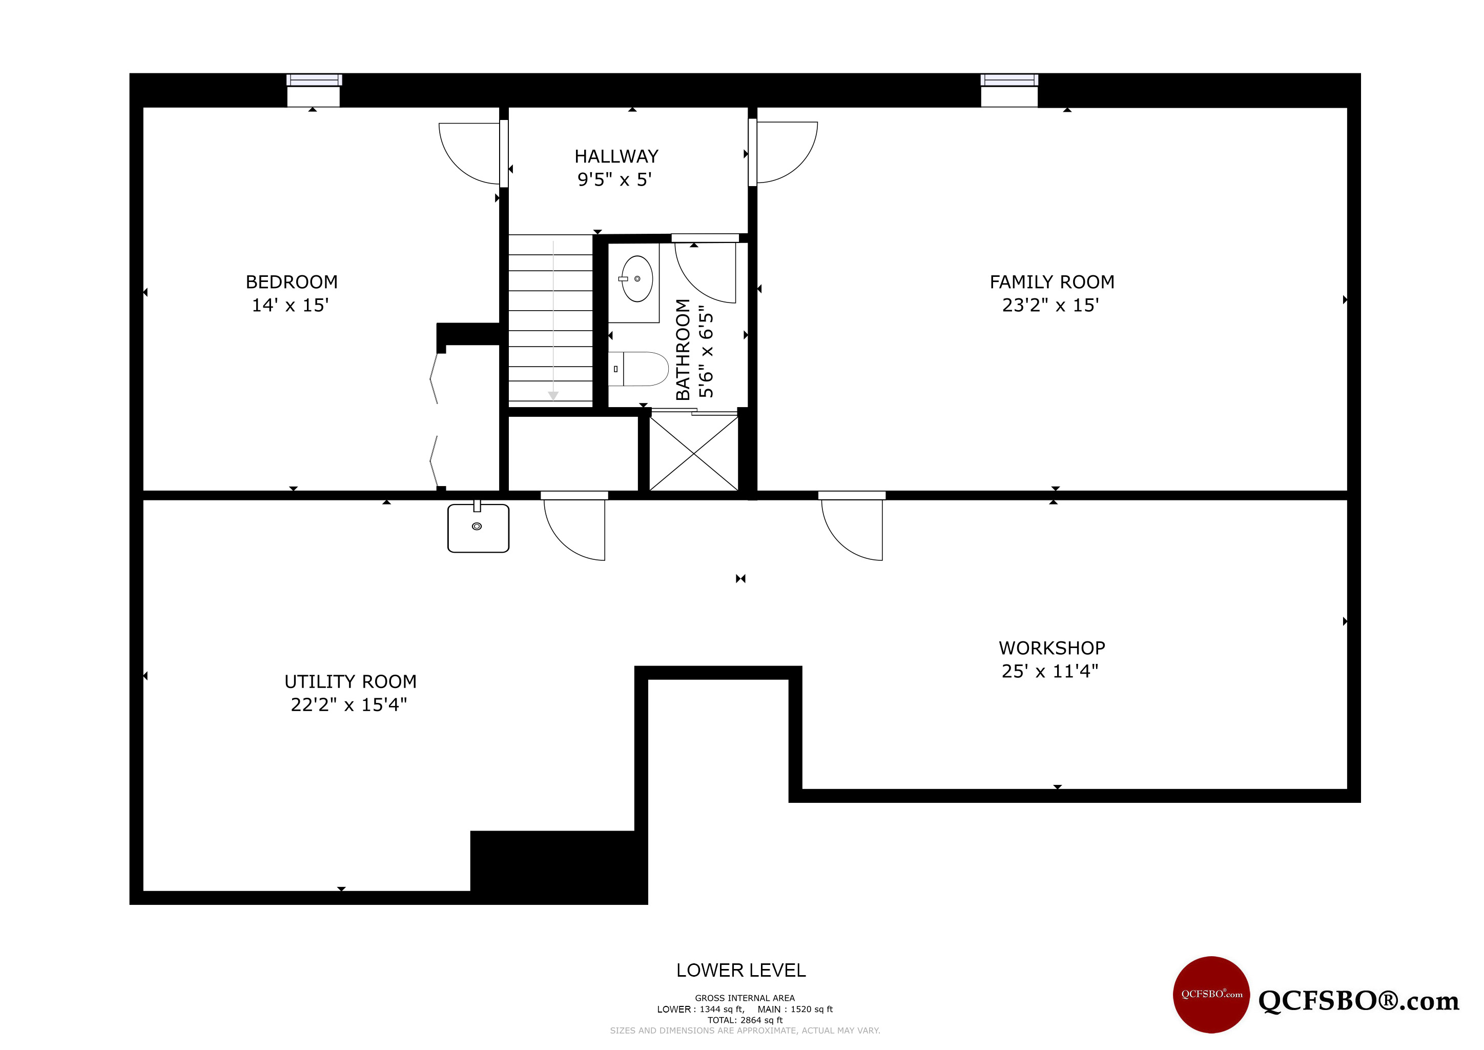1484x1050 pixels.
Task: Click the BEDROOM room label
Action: (292, 282)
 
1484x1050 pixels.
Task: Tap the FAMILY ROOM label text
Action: (1052, 282)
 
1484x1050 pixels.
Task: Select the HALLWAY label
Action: (616, 156)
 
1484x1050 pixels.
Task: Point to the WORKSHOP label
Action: (1052, 648)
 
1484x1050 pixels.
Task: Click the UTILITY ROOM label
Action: (351, 681)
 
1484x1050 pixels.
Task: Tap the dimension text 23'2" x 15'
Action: (1050, 305)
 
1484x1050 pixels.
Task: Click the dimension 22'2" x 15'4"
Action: (349, 705)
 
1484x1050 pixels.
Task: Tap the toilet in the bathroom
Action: (638, 369)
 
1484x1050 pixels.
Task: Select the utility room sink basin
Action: (478, 528)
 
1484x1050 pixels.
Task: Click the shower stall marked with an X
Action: (693, 453)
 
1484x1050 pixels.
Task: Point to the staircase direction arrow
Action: (553, 320)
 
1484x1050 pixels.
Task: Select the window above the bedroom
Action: (314, 80)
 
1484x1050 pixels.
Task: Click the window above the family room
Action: (1009, 80)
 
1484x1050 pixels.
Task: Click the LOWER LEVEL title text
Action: (740, 971)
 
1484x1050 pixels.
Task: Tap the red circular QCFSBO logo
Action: (1211, 995)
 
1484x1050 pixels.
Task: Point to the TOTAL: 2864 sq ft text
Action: (745, 1020)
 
